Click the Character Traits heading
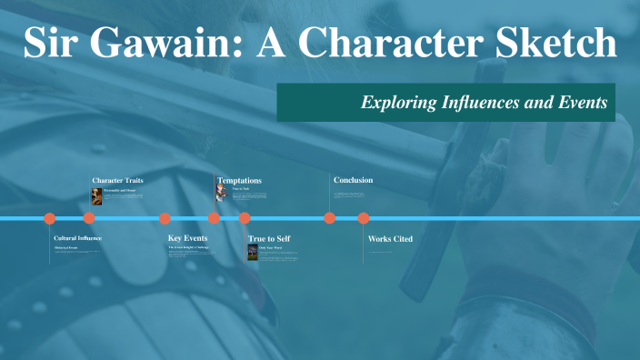[x=117, y=180]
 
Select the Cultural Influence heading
[x=77, y=238]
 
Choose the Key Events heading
[x=188, y=238]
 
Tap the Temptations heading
[x=239, y=180]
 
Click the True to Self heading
[x=269, y=238]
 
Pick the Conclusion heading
[x=353, y=180]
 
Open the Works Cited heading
[x=390, y=238]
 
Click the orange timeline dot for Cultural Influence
[x=50, y=218]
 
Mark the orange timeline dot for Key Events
[x=165, y=218]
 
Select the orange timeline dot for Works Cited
[x=364, y=218]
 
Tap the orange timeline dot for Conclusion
[x=330, y=218]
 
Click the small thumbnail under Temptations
[x=221, y=194]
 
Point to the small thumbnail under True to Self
[x=252, y=252]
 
